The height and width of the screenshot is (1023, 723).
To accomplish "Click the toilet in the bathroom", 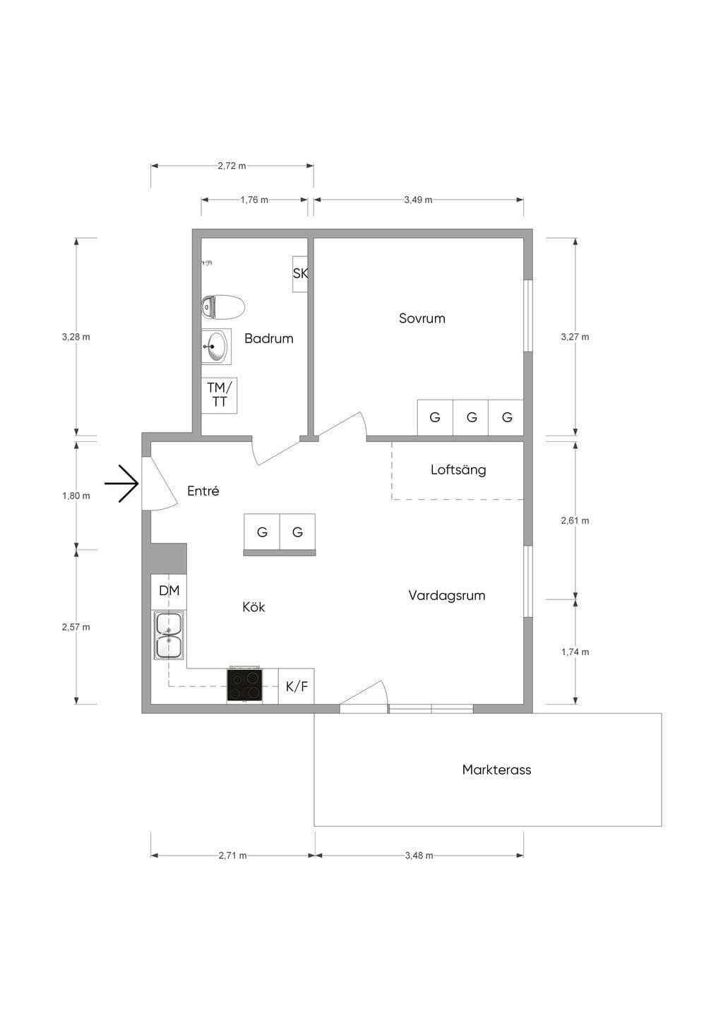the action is click(x=223, y=307).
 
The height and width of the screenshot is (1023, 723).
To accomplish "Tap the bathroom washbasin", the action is click(x=216, y=346).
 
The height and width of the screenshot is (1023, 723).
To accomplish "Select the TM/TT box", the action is click(x=219, y=395).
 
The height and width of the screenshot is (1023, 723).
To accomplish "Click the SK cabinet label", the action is click(x=300, y=273).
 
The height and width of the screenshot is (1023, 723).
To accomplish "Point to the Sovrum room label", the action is click(x=422, y=318).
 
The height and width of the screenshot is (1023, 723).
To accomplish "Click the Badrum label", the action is click(x=268, y=338).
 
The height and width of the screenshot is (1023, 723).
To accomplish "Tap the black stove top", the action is click(x=244, y=685).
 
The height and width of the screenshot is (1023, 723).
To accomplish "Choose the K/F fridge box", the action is click(x=297, y=686).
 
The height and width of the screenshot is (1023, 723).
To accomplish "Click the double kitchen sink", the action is click(x=169, y=635).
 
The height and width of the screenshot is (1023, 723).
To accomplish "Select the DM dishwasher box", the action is click(x=169, y=591).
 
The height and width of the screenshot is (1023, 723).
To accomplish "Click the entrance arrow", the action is click(x=121, y=484).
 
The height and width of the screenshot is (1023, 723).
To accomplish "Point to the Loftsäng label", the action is click(x=458, y=470).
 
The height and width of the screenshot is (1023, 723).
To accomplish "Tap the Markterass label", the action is click(x=496, y=770).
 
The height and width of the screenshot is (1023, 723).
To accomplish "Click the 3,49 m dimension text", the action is click(x=418, y=200).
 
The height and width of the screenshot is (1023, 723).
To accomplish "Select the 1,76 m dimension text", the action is click(x=254, y=200).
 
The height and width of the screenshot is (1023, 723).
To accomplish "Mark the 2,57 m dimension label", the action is click(x=76, y=627).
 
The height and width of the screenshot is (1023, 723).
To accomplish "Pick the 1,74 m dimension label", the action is click(x=575, y=652).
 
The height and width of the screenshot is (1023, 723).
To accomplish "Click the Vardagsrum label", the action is click(x=447, y=596).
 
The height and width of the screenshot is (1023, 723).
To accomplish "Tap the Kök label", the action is click(x=253, y=606).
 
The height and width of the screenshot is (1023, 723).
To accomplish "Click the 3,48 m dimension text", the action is click(x=419, y=856).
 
